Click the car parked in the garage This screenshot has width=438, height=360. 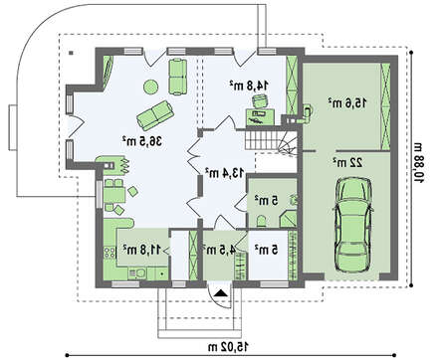coord(352,225)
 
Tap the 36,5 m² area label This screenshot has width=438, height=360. coord(142,141)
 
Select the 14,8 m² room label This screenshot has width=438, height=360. coord(249,85)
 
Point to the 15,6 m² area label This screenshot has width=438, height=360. coord(347,102)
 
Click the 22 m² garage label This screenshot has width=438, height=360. coord(347,162)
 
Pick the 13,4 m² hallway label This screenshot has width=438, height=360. coord(225,172)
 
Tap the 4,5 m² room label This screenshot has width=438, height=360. coord(219,250)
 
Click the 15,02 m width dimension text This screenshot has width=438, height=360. coord(228,347)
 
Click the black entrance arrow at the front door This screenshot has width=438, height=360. coord(221,293)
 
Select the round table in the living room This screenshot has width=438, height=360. coord(150,87)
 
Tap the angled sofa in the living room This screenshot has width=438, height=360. coord(155,115)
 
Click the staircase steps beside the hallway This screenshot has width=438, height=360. coord(262,139)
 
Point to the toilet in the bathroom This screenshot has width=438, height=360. coord(261,221)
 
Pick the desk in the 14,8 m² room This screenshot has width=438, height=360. coord(260,117)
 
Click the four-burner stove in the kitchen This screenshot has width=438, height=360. coord(109,253)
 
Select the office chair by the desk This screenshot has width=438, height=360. coord(260,100)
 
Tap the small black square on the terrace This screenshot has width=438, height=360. coord(72,53)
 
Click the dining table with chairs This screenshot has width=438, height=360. coord(114,195)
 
